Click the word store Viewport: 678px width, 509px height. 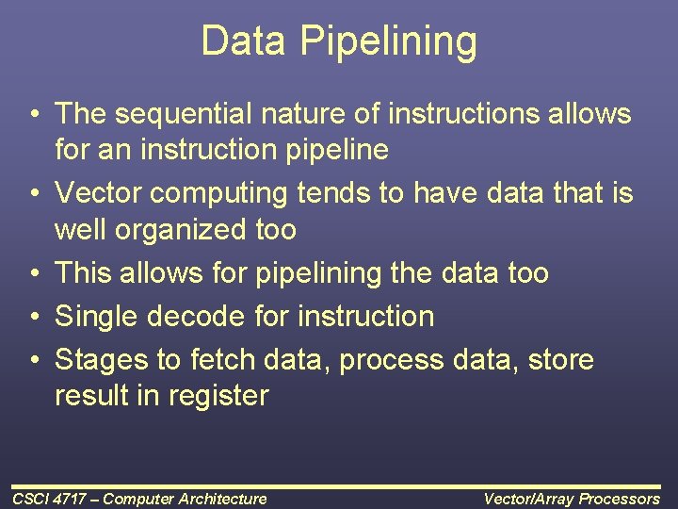pos(561,360)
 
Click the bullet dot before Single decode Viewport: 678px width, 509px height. pos(33,317)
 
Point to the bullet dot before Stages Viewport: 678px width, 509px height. pos(33,360)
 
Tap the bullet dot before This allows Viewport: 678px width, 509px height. pos(33,273)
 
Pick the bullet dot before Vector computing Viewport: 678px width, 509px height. pos(33,193)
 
